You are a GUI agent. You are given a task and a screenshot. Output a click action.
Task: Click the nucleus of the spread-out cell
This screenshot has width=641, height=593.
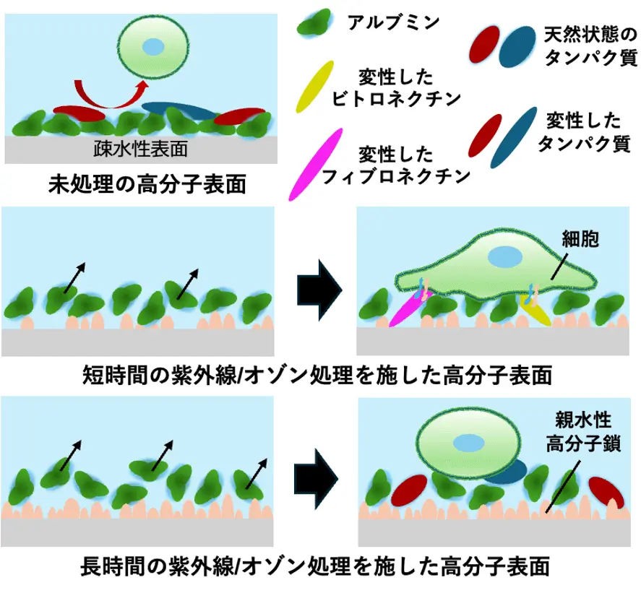tap(504, 257)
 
